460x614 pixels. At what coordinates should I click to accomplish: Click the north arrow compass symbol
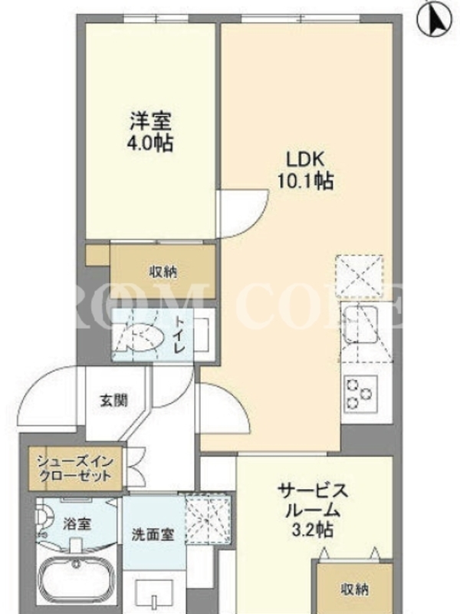pos(438,18)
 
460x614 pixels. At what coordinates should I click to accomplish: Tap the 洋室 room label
pos(150,121)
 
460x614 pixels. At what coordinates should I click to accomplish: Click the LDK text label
pos(305,160)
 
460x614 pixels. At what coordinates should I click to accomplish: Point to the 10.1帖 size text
pos(305,181)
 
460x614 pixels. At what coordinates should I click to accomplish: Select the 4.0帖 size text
pos(149,144)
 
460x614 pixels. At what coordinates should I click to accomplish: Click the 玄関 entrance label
pos(113,400)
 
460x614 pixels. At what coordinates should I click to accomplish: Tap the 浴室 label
pos(77,523)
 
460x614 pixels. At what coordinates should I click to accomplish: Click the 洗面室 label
pos(153,534)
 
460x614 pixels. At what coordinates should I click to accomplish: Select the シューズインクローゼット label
pos(74,469)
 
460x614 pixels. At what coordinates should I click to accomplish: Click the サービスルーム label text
pos(313,500)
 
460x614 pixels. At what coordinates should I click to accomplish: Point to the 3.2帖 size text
pos(313,530)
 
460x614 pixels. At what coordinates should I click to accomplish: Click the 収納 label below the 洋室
pos(163,272)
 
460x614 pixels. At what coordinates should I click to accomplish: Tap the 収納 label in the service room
pos(355,589)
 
